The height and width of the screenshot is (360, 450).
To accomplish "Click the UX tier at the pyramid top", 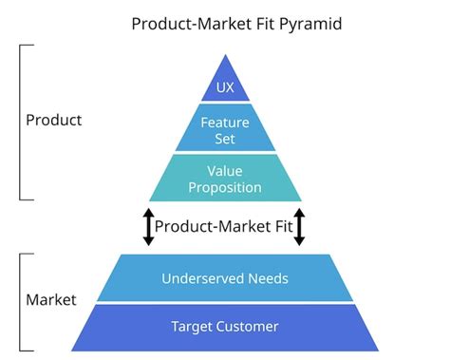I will tap(224, 86).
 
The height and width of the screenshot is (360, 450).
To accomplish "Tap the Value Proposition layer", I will tap(224, 179).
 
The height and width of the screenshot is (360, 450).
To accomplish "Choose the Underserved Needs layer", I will tap(224, 278).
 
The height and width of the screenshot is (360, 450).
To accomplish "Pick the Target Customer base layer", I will tap(224, 326).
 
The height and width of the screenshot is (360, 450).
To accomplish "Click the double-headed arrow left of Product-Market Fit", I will tap(148, 227).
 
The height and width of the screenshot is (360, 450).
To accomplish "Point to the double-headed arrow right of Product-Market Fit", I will tap(300, 227).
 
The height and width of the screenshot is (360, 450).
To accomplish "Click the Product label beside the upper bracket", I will tap(53, 121).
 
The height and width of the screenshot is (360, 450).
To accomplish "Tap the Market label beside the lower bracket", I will tap(50, 300).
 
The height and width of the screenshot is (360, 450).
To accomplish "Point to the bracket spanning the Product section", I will tap(21, 121).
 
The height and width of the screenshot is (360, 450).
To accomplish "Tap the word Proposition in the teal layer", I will tap(224, 187).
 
